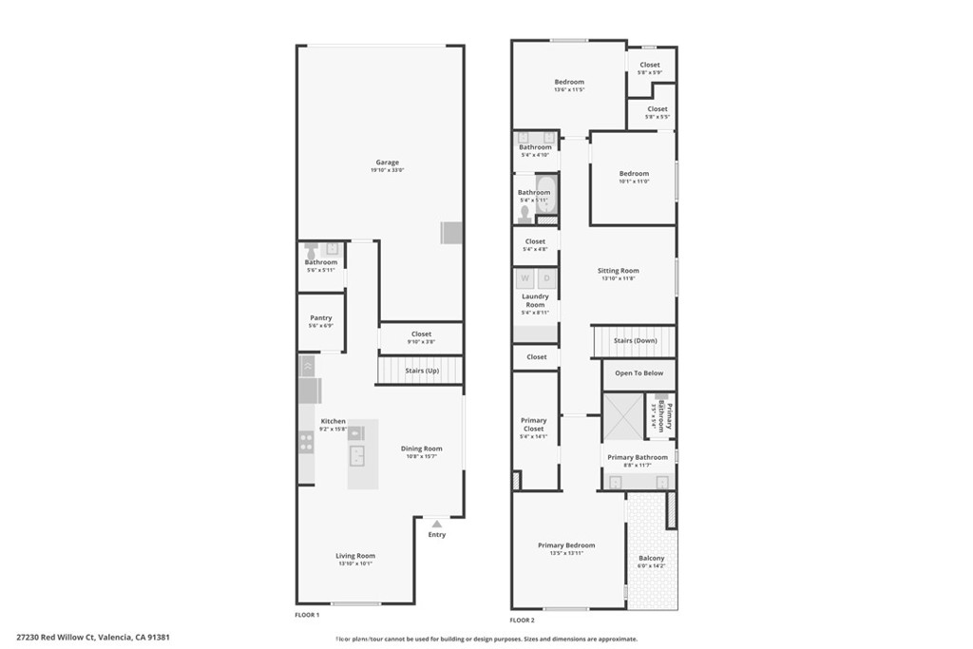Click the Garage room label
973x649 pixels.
pyautogui.click(x=387, y=162)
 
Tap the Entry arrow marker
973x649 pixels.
pyautogui.click(x=436, y=523)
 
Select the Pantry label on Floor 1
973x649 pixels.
pyautogui.click(x=321, y=318)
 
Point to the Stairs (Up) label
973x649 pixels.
pyautogui.click(x=422, y=371)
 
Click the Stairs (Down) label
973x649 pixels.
pyautogui.click(x=636, y=340)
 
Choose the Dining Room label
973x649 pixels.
pyautogui.click(x=421, y=449)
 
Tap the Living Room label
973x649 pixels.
pyautogui.click(x=355, y=556)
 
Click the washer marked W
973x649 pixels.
pyautogui.click(x=525, y=278)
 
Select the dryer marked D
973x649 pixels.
pyautogui.click(x=546, y=278)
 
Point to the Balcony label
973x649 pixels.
pyautogui.click(x=652, y=558)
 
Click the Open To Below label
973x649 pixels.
pyautogui.click(x=639, y=373)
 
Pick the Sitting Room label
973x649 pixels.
pyautogui.click(x=619, y=271)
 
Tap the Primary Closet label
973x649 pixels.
pyautogui.click(x=534, y=425)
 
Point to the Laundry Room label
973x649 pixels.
pyautogui.click(x=536, y=300)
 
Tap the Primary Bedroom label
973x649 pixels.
pyautogui.click(x=566, y=545)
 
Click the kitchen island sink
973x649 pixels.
pyautogui.click(x=358, y=456)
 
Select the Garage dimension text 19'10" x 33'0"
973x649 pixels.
pyautogui.click(x=387, y=170)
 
